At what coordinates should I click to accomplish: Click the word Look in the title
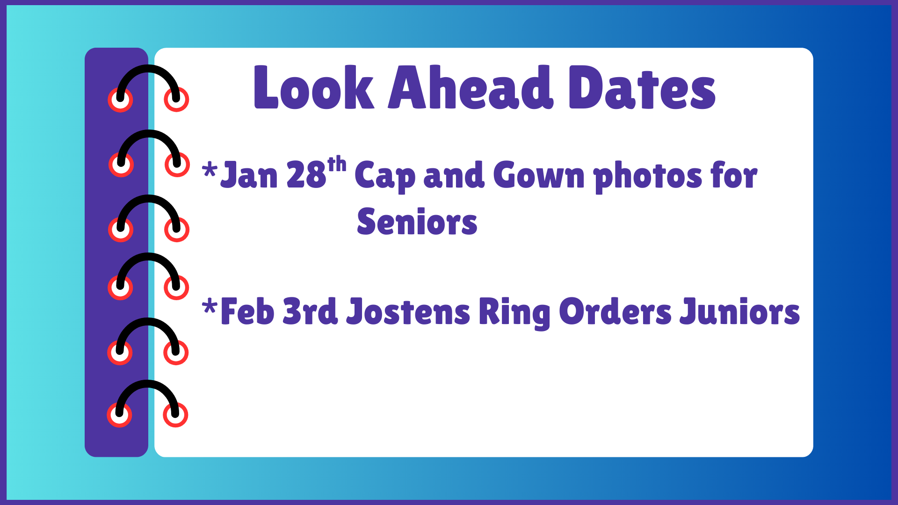313,88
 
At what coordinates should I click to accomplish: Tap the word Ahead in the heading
470,88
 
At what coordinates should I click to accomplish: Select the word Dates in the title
642,88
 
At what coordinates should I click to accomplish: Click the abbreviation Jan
249,175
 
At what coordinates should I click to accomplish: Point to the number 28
306,175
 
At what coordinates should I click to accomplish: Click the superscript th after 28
337,165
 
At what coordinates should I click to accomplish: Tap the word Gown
538,175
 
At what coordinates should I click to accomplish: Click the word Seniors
417,222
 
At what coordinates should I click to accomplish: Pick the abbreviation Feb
247,312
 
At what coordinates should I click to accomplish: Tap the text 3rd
310,312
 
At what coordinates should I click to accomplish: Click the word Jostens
408,312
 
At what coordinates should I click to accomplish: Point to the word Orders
615,312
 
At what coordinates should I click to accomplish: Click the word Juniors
739,312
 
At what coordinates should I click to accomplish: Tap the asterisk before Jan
210,170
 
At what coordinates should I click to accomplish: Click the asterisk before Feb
210,307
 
